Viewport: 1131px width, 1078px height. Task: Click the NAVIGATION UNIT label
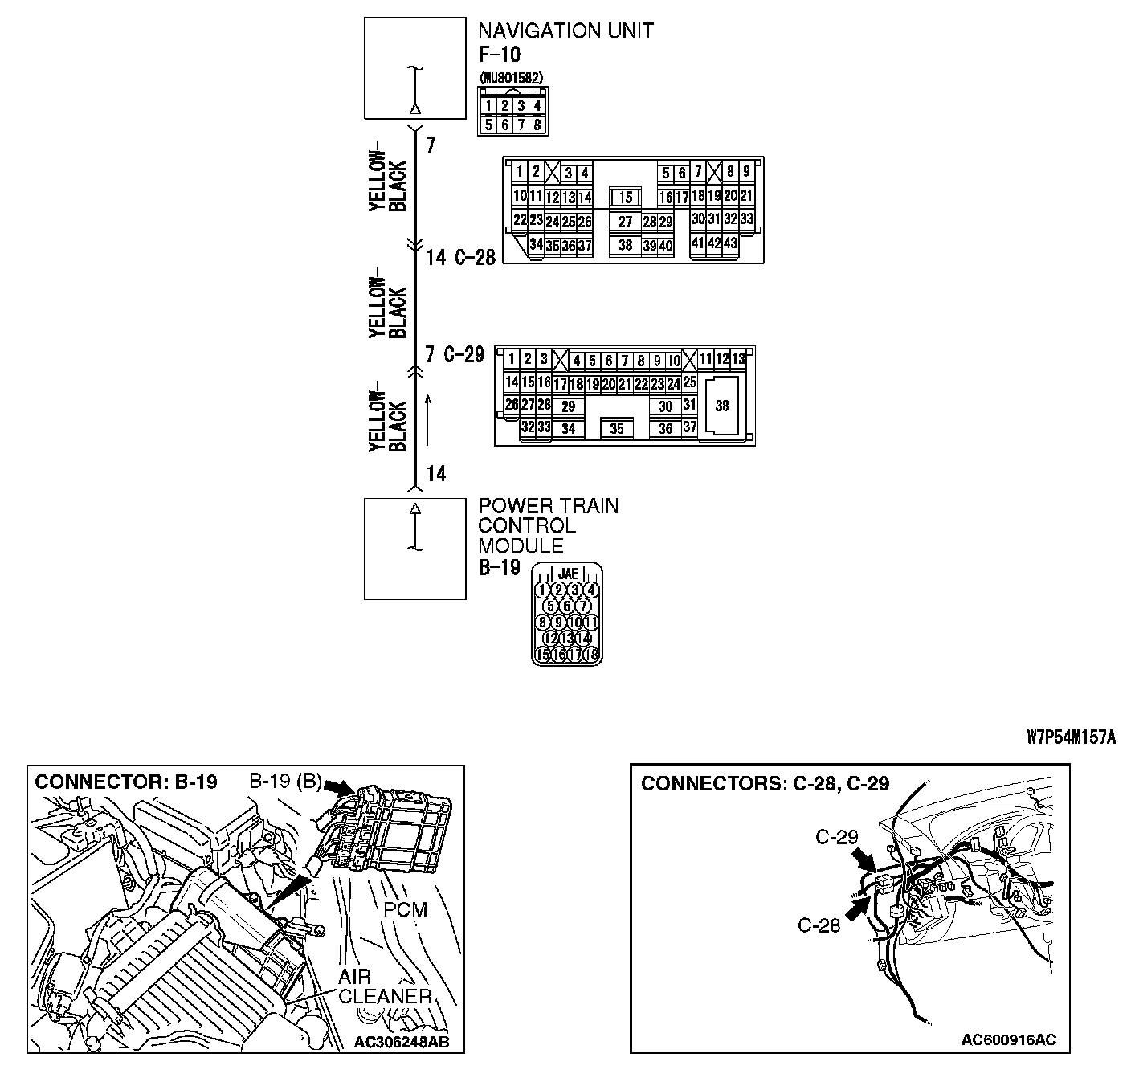pos(565,31)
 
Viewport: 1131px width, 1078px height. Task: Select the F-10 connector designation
pos(500,55)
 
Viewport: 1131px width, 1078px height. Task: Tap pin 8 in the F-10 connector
pos(537,125)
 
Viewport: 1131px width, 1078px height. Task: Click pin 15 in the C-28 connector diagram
pos(626,198)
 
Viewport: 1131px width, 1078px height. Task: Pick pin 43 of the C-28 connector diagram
pos(730,243)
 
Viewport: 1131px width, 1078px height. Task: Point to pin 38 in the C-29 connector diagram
pos(721,406)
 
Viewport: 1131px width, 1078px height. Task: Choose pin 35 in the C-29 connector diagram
pos(616,429)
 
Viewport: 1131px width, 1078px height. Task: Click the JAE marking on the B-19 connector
pos(568,574)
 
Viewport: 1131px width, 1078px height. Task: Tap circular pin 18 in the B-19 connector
pos(593,654)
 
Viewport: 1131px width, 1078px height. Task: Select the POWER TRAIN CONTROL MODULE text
pos(549,526)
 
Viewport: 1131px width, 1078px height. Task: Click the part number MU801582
pos(511,77)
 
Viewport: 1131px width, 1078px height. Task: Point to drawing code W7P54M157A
pos(1071,737)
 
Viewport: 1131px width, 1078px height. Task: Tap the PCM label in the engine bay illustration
pos(405,909)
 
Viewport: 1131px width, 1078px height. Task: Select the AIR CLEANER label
pos(384,987)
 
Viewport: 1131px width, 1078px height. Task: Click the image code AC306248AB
pos(401,1043)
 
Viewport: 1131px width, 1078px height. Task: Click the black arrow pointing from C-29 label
pos(864,860)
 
